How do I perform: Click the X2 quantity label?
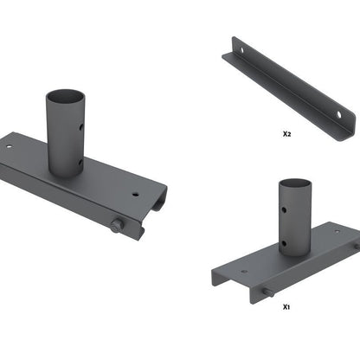[x=286, y=135]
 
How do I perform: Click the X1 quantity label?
[x=286, y=306]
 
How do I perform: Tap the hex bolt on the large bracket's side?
[x=117, y=227]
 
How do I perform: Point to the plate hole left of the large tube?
[x=10, y=146]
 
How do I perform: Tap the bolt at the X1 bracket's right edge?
[x=355, y=246]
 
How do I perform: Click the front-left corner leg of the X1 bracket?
[x=215, y=281]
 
